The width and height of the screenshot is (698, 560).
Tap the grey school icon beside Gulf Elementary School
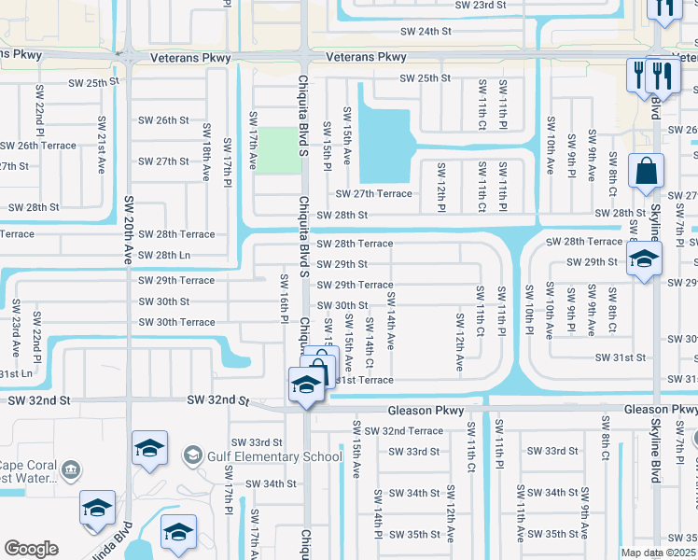[193, 455]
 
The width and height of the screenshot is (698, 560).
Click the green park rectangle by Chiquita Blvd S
[279, 150]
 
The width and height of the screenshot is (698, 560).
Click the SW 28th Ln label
[164, 255]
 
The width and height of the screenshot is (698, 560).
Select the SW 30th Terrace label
[177, 322]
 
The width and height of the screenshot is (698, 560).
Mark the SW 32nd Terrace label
[404, 431]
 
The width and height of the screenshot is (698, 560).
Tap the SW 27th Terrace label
[374, 193]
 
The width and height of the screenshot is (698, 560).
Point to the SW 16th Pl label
[284, 300]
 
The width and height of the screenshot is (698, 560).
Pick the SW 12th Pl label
[440, 185]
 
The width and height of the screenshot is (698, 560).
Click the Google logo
[32, 548]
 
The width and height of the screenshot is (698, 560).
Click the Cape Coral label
[30, 467]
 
